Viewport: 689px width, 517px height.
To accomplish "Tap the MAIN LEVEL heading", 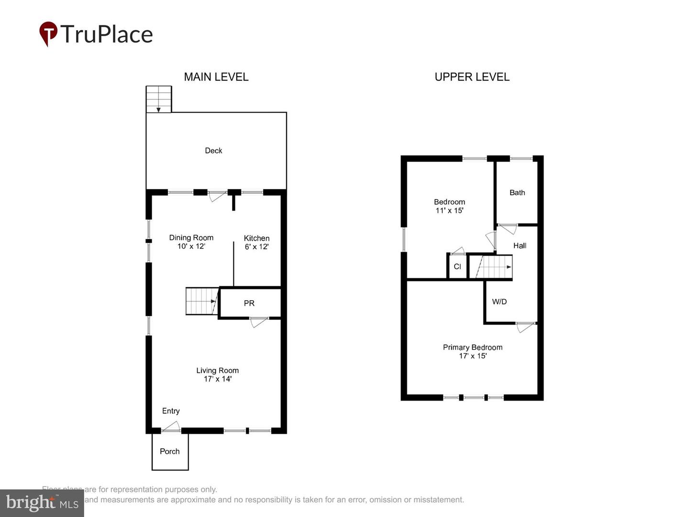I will coord(216,77).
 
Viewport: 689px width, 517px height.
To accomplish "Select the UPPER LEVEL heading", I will coord(472,77).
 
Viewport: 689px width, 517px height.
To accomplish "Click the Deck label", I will coord(213,151).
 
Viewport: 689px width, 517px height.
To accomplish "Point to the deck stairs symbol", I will coord(159,99).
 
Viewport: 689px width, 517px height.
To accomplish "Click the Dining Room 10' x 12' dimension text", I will coord(191,247).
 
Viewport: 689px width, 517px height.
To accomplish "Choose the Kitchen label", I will coord(256,238).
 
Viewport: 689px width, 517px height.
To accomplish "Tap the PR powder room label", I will coord(249,303).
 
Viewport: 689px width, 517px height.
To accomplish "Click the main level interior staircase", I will coord(201,301).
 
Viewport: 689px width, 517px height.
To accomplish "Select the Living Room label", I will coord(217,371).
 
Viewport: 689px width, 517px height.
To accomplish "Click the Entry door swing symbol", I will coord(171,427).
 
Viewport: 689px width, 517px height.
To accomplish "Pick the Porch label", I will coord(170,451).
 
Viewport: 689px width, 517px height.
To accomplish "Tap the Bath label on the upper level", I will coord(517,192).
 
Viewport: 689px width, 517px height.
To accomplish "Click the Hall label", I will coord(520,246).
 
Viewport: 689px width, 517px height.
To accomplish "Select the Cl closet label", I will coord(457,267).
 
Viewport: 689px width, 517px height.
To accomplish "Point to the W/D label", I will coord(500,302).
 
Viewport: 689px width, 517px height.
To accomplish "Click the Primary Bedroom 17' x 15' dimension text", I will coord(473,356).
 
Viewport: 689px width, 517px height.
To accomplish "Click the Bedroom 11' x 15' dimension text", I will coord(449,211).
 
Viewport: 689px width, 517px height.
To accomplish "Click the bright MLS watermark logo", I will coord(42,503).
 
